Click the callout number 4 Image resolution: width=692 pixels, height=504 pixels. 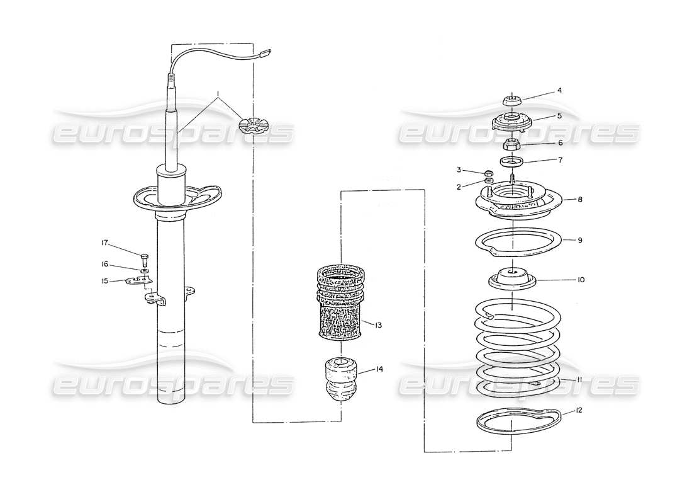click(559, 91)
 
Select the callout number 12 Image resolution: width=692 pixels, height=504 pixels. click(579, 410)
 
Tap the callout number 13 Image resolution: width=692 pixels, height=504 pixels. click(379, 326)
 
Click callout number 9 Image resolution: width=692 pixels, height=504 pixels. click(581, 240)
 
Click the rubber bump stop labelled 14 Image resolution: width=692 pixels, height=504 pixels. click(340, 378)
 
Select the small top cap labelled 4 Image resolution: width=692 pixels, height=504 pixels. click(513, 100)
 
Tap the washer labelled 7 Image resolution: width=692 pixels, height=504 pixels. click(513, 162)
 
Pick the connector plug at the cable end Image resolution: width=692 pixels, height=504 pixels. click(265, 54)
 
